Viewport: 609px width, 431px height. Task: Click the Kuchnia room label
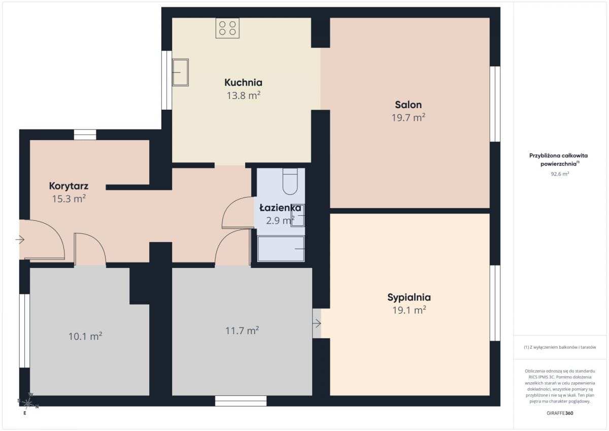click(x=243, y=82)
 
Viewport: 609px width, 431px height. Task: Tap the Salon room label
click(x=408, y=105)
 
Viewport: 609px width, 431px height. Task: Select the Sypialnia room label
click(x=409, y=297)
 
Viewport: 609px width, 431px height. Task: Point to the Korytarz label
click(x=69, y=186)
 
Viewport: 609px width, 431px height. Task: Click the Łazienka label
click(x=280, y=208)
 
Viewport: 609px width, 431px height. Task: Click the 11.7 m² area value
click(x=242, y=330)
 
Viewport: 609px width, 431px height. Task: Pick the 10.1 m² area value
click(x=85, y=337)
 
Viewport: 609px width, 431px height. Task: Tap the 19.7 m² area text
click(x=409, y=117)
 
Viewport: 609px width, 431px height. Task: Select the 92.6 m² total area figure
click(x=560, y=174)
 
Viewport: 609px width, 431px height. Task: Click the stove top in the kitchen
click(x=227, y=28)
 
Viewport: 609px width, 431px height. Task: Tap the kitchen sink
click(x=180, y=72)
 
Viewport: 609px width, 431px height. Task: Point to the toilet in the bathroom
click(x=290, y=181)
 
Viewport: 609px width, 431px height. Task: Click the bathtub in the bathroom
click(x=281, y=249)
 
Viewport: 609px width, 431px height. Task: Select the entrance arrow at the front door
click(x=20, y=240)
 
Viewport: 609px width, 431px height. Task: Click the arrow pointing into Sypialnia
click(x=317, y=323)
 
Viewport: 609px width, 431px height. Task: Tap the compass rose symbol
click(x=28, y=403)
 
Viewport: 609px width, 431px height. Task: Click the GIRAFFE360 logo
click(x=560, y=413)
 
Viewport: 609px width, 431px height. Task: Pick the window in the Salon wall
click(x=495, y=104)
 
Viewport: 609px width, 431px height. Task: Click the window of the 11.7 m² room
click(x=241, y=401)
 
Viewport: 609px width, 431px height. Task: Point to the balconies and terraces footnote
click(x=560, y=347)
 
